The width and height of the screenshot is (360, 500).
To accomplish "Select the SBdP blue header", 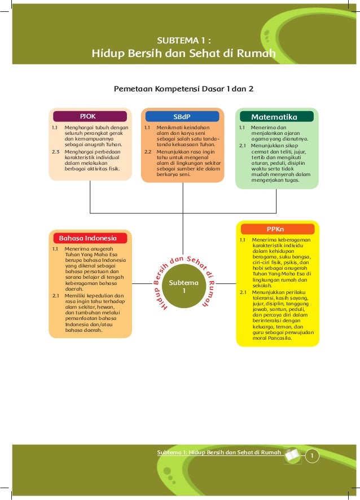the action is pyautogui.click(x=182, y=117).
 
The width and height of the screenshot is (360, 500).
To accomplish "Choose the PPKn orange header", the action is pyautogui.click(x=278, y=229).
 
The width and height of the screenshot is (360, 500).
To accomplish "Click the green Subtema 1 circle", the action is pyautogui.click(x=183, y=286).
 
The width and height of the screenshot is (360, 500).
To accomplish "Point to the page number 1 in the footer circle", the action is pyautogui.click(x=312, y=456).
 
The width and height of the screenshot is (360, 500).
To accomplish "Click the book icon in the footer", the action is pyautogui.click(x=293, y=455).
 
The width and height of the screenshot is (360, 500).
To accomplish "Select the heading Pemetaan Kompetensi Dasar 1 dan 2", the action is pyautogui.click(x=183, y=89).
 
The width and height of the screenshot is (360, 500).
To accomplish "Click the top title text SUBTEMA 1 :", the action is pyautogui.click(x=184, y=41).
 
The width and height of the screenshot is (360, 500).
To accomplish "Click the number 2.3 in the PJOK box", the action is pyautogui.click(x=56, y=152).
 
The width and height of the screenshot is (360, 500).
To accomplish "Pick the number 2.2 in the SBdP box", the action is pyautogui.click(x=148, y=152).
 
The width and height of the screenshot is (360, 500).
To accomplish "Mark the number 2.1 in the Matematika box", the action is pyautogui.click(x=243, y=146).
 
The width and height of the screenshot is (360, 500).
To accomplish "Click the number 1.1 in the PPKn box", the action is pyautogui.click(x=243, y=240).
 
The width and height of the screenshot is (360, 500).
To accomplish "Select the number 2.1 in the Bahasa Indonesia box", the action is pyautogui.click(x=56, y=296).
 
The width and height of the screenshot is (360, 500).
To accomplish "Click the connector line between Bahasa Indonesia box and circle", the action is pyautogui.click(x=142, y=283).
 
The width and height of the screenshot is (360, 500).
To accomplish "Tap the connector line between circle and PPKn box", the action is pyautogui.click(x=226, y=283).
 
